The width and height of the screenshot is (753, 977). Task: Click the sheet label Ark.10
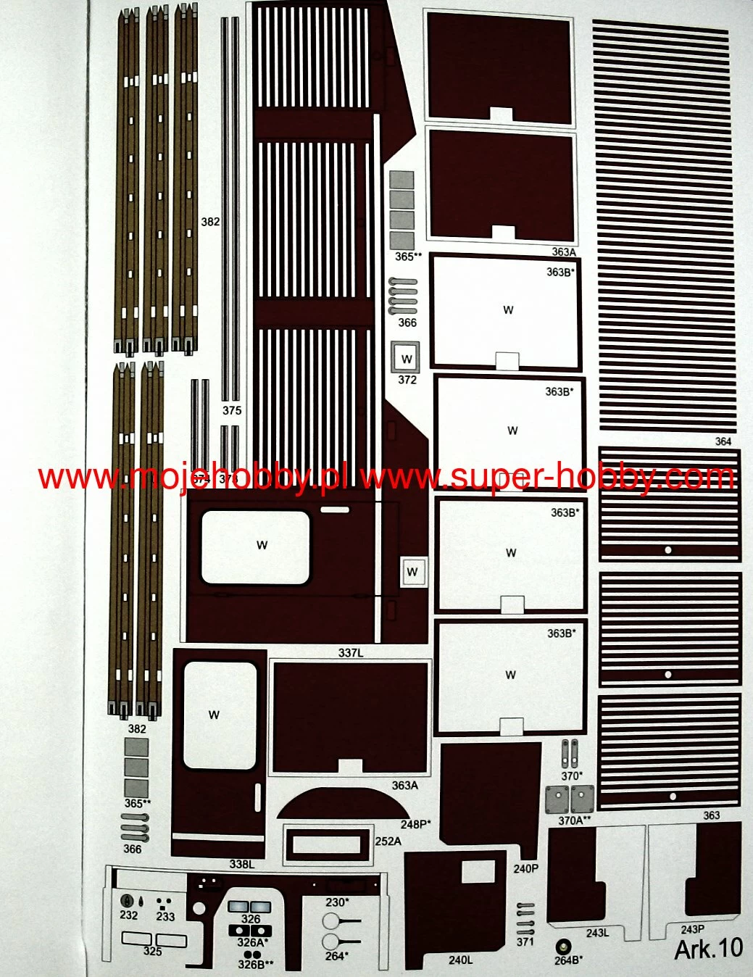tap(708, 948)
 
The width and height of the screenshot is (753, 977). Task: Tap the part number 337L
tap(351, 653)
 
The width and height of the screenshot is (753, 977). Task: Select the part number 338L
tap(242, 864)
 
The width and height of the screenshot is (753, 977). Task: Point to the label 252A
tap(388, 841)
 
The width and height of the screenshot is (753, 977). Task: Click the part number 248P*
tap(415, 824)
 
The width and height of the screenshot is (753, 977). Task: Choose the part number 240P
tap(525, 868)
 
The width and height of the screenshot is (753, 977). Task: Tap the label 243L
tap(597, 933)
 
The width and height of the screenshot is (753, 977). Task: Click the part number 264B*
tap(567, 960)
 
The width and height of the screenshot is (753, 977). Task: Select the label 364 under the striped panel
tap(723, 441)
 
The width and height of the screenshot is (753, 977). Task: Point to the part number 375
tap(231, 410)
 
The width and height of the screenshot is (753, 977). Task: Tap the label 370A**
tap(574, 821)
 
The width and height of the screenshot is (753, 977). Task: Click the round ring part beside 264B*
tap(562, 946)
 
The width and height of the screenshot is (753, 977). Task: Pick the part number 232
tap(128, 915)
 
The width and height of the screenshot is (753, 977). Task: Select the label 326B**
tap(256, 964)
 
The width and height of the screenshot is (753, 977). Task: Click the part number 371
tap(525, 941)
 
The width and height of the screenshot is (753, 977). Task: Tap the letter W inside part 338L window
tap(214, 715)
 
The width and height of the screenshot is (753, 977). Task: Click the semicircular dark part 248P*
tap(341, 805)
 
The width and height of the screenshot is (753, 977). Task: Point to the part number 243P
tap(692, 929)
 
